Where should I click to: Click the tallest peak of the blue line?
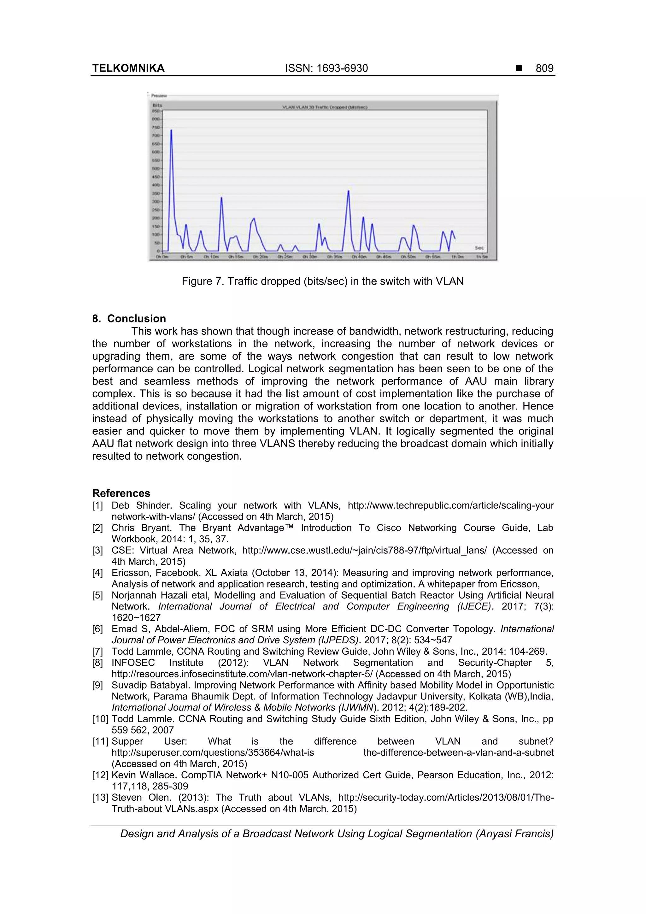pyautogui.click(x=171, y=130)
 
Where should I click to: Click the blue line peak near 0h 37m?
pyautogui.click(x=348, y=192)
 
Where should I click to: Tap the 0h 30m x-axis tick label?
pyautogui.click(x=310, y=257)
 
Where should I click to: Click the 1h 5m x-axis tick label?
pyautogui.click(x=482, y=257)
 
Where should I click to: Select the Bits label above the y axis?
pyautogui.click(x=157, y=105)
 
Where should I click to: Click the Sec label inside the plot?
pyautogui.click(x=479, y=248)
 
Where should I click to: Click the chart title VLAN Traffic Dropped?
pyautogui.click(x=324, y=107)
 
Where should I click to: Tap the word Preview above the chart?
pyautogui.click(x=159, y=96)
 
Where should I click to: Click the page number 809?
pyautogui.click(x=544, y=68)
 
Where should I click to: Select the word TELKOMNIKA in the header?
pyautogui.click(x=128, y=68)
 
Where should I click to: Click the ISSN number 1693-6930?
pyautogui.click(x=342, y=68)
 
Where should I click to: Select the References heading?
pyautogui.click(x=121, y=493)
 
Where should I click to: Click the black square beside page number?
pyautogui.click(x=519, y=68)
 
